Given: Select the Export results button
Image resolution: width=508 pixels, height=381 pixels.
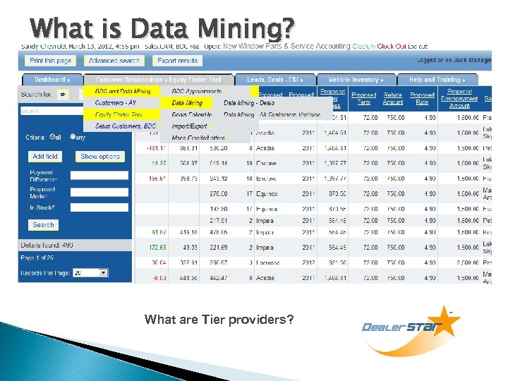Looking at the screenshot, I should click(177, 61).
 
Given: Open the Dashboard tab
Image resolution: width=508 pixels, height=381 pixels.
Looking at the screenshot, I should click(52, 80).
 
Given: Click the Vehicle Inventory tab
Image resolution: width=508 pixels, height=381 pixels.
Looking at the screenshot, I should click(356, 80).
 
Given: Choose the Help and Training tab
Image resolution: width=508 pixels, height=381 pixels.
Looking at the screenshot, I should click(437, 80).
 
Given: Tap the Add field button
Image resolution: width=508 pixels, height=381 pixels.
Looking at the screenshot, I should click(46, 156).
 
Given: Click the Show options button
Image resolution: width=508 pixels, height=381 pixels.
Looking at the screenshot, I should click(100, 156).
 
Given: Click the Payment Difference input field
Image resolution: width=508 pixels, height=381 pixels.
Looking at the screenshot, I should click(99, 175).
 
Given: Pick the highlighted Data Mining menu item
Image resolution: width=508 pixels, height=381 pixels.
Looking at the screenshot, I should click(187, 102).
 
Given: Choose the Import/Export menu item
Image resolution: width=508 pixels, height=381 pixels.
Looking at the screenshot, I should click(190, 126).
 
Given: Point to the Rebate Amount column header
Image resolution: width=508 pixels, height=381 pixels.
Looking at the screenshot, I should click(393, 99).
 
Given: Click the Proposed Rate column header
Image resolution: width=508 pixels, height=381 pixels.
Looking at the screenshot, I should click(422, 99).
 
